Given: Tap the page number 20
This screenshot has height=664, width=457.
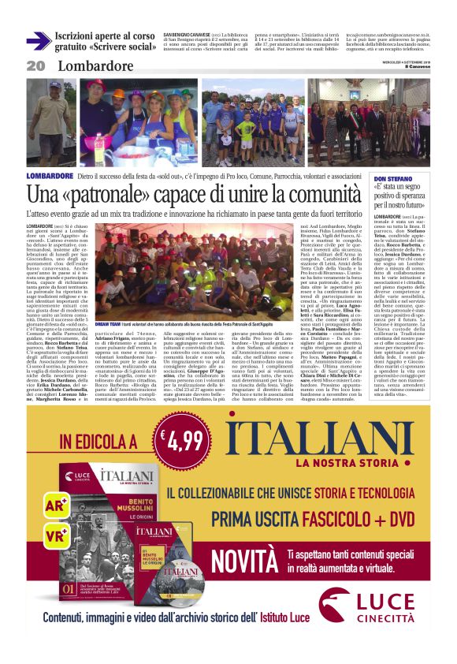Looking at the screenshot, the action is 35,66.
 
